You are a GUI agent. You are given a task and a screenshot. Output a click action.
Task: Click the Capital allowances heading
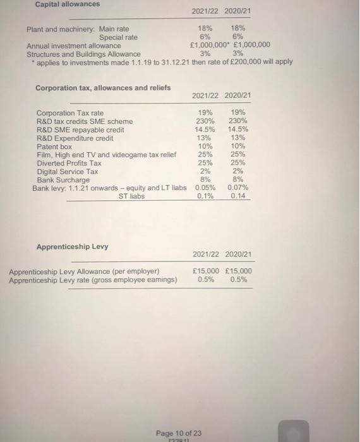click(68, 4)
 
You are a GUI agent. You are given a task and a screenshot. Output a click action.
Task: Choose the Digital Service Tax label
click(68, 171)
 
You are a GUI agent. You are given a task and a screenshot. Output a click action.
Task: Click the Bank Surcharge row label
click(64, 179)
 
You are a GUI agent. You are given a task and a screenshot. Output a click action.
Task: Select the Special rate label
click(118, 37)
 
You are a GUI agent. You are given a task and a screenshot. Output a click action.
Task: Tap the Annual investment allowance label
click(74, 45)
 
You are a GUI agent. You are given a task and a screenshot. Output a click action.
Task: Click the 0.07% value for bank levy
click(239, 188)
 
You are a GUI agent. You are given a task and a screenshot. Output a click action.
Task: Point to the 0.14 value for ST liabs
click(238, 196)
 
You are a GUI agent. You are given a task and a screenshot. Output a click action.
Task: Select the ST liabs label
click(131, 196)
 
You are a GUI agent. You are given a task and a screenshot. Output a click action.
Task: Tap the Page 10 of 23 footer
click(179, 433)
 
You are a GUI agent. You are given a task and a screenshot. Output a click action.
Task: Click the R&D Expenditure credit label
click(76, 138)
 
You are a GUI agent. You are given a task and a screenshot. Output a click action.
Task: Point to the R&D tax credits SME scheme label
click(85, 121)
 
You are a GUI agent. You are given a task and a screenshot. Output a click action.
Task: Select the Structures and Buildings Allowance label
click(84, 54)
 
